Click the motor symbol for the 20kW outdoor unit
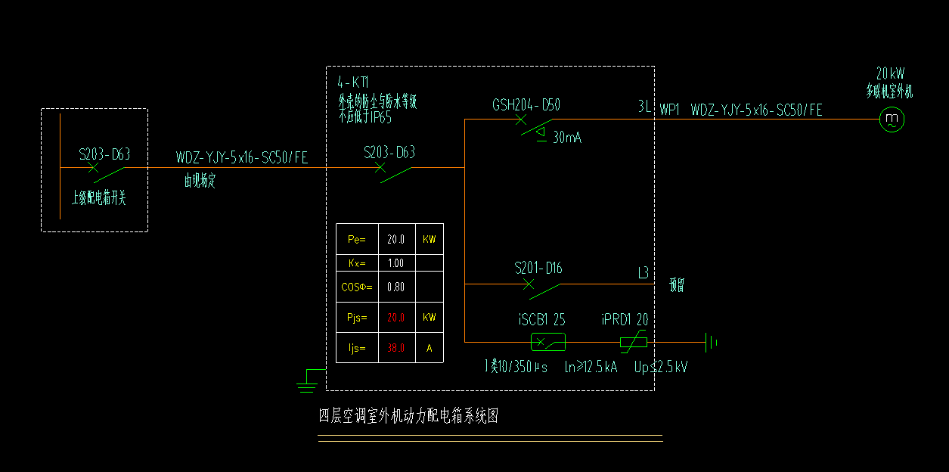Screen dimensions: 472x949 tap(892, 119)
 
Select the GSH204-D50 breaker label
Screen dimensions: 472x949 tap(526, 105)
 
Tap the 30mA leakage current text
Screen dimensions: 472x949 tap(567, 138)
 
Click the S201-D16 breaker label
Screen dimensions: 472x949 tap(538, 269)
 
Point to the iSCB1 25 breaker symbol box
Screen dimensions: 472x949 tap(548, 343)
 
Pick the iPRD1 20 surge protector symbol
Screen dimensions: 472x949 tap(633, 343)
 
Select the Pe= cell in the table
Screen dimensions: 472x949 tap(356, 240)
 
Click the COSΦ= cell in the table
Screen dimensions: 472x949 tap(356, 287)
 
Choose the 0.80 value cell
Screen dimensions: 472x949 tap(396, 287)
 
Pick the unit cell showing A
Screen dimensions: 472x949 tap(430, 349)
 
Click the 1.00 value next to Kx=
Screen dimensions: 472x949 tap(396, 263)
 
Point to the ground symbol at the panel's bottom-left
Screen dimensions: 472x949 tap(306, 383)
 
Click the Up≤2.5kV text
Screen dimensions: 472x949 tap(661, 367)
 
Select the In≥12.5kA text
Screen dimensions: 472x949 tap(591, 367)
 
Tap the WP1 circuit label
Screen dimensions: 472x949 tap(670, 110)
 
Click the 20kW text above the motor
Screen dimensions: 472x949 tap(890, 74)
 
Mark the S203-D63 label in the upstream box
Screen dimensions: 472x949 tap(104, 155)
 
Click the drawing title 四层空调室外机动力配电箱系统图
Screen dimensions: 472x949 tap(408, 416)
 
